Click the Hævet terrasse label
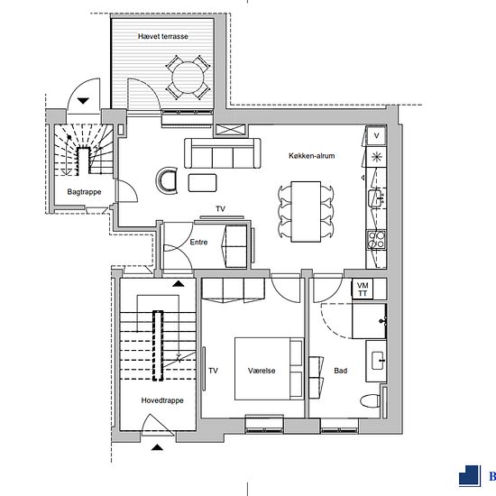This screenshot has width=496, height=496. [x=163, y=36]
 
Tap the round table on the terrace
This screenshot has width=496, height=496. [x=188, y=78]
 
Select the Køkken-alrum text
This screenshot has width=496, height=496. [x=312, y=156]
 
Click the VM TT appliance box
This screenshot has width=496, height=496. [x=363, y=289]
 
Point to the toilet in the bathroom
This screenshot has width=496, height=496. [x=370, y=401]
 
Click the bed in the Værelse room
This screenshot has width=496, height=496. [x=269, y=369]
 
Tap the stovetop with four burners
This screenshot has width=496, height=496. [x=376, y=240]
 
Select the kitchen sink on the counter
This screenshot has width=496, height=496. [x=376, y=198]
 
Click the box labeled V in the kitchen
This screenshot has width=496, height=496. [x=376, y=136]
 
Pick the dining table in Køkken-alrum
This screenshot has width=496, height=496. [x=306, y=212]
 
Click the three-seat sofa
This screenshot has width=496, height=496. [x=223, y=153]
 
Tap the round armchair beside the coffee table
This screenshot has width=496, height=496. [x=167, y=180]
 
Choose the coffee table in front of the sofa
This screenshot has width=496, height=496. [x=202, y=183]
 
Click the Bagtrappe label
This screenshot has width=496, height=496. [x=84, y=192]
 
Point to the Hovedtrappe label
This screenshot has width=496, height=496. [x=162, y=400]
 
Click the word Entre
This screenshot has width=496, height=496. [x=198, y=243]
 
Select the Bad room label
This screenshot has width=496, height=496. [x=341, y=371]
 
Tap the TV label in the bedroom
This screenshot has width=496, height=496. [x=213, y=371]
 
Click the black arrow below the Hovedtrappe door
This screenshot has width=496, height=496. [x=157, y=447]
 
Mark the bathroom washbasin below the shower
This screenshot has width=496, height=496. [x=376, y=361]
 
